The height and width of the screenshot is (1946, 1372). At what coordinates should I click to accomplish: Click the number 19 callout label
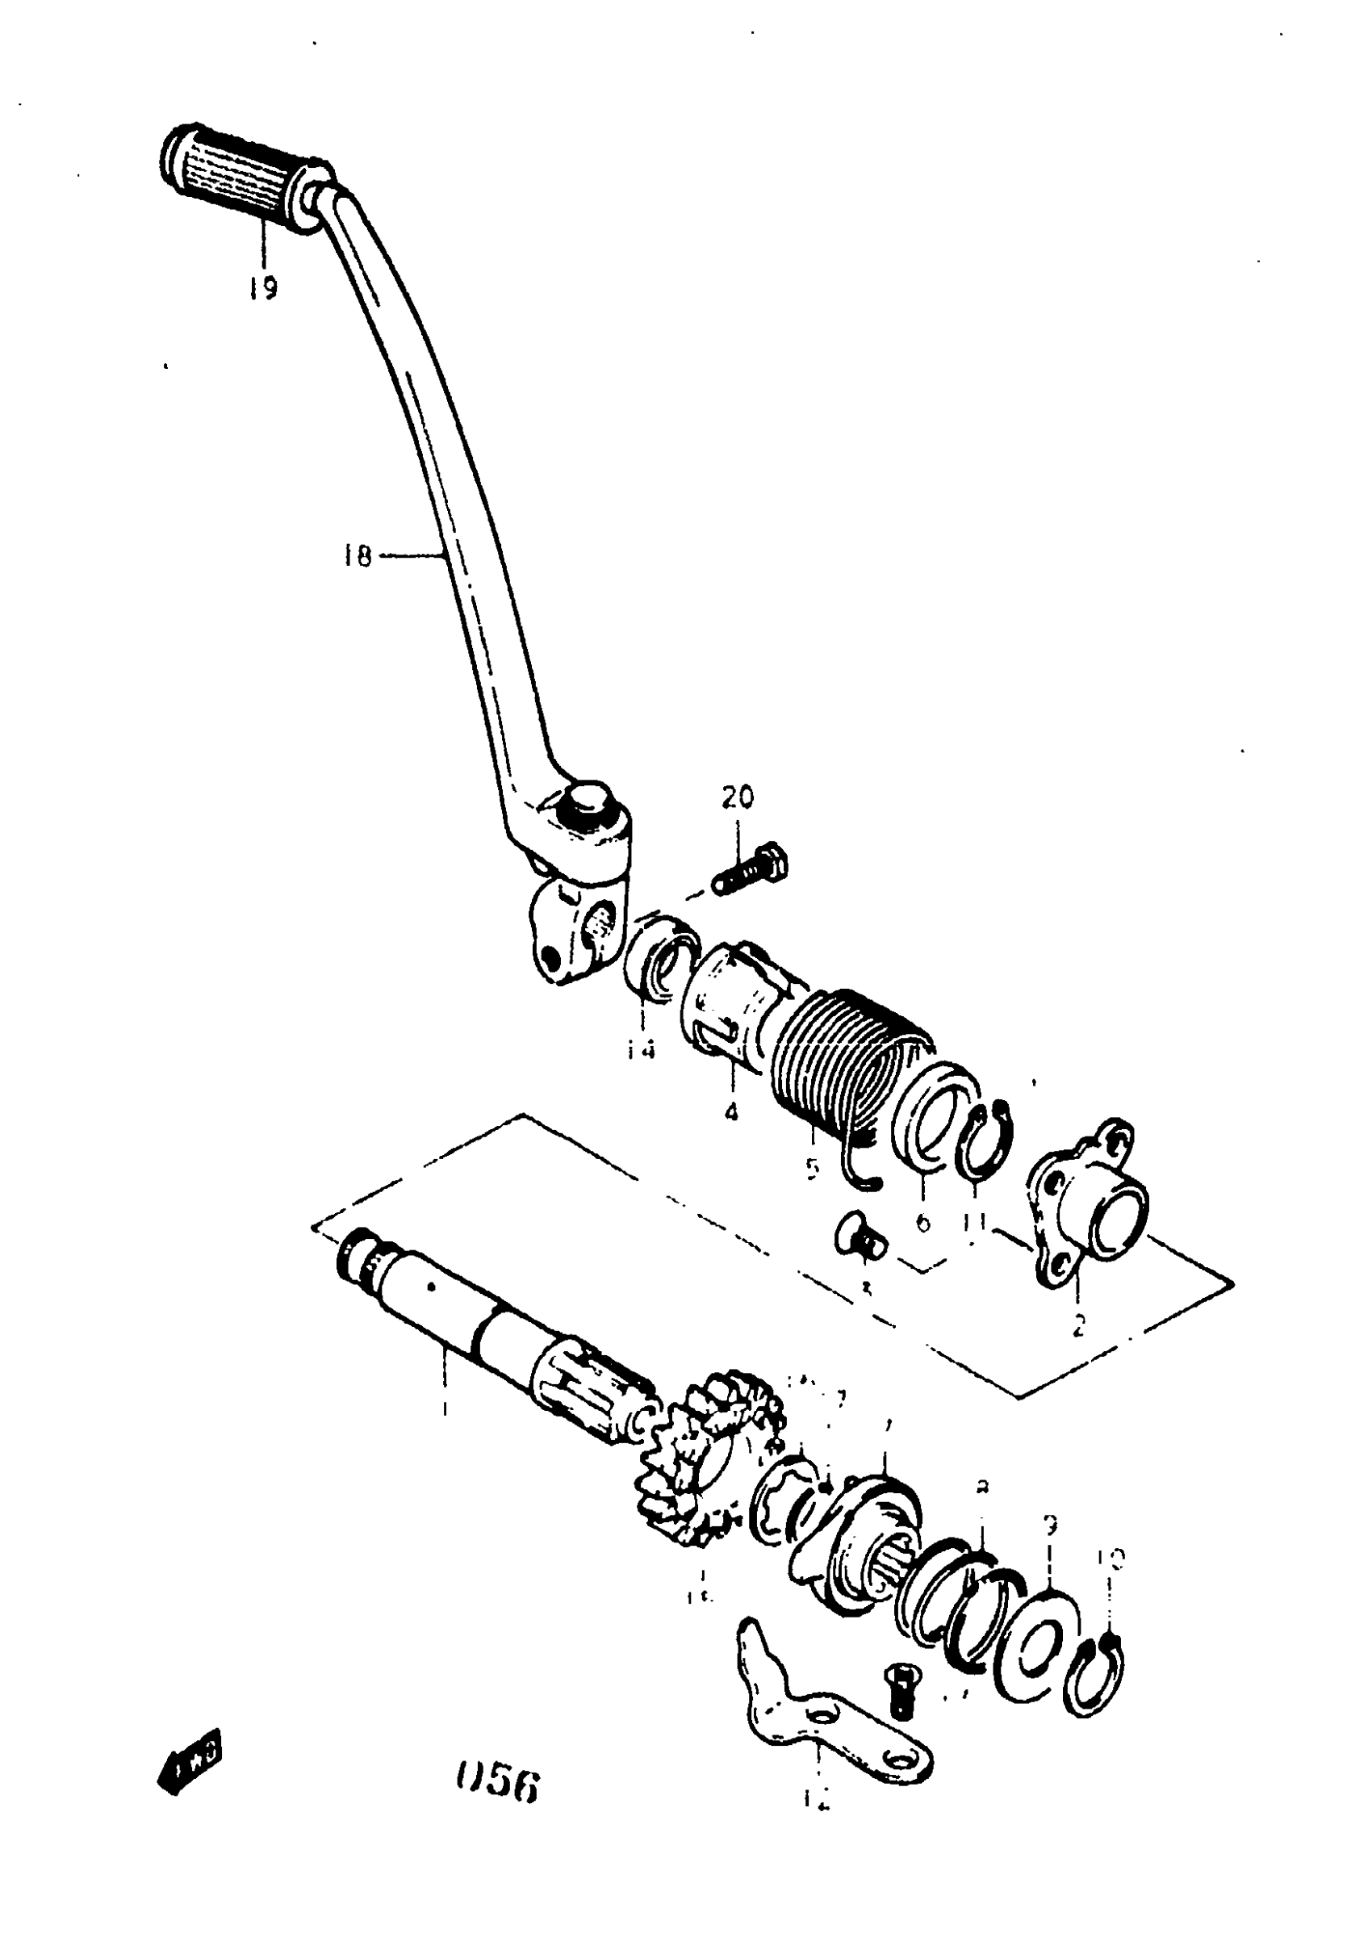(263, 288)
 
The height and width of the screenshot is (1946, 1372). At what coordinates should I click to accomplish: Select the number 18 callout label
(358, 556)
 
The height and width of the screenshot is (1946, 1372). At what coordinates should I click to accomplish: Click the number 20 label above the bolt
(738, 797)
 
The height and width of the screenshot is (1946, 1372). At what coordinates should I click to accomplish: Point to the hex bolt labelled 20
(751, 869)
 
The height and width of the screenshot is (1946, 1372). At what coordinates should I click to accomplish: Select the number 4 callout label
(730, 1111)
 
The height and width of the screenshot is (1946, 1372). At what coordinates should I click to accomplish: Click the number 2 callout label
(1079, 1325)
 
